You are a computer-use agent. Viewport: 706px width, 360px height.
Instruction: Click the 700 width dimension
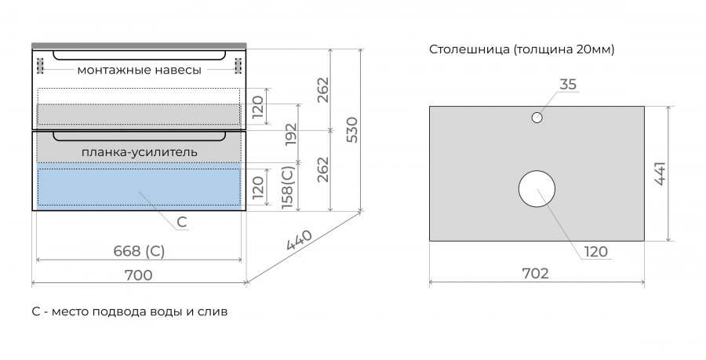(x=138, y=275)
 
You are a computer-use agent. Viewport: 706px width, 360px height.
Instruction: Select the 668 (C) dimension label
(x=138, y=251)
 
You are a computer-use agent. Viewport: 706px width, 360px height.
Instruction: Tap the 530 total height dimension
(x=351, y=129)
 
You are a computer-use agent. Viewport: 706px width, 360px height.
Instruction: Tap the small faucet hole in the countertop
(x=537, y=118)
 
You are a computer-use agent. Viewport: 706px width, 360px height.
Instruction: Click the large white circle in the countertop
(x=537, y=189)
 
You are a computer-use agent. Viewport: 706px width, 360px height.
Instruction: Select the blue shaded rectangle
(x=138, y=186)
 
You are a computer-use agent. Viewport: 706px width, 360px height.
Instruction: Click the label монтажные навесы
(x=139, y=71)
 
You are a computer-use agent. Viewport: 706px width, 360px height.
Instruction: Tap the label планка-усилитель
(x=139, y=151)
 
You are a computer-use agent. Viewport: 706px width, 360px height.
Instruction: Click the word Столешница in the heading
(x=468, y=50)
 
